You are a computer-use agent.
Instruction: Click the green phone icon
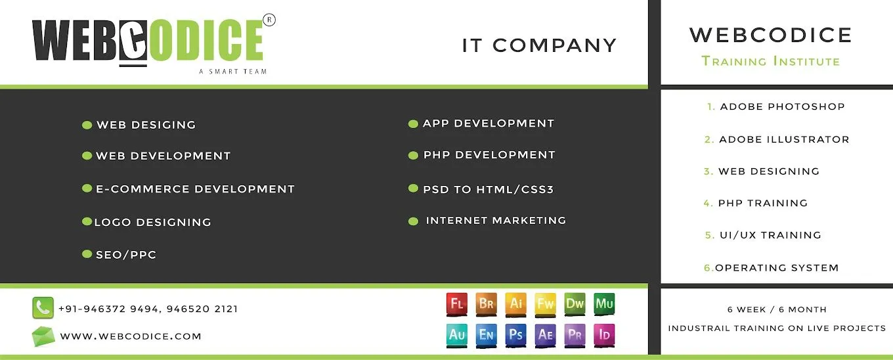pos(43,308)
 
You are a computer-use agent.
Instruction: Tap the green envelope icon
pos(43,336)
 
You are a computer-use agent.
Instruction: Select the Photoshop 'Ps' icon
pos(516,335)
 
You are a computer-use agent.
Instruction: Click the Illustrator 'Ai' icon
pos(516,304)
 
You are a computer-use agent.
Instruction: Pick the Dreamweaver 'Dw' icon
pos(575,304)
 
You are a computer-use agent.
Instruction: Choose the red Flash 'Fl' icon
pos(457,304)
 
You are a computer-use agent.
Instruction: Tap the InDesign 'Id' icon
pos(605,335)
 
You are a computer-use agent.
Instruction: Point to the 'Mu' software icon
pos(605,304)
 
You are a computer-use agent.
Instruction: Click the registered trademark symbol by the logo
pos(269,20)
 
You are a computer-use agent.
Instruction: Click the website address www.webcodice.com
pos(131,336)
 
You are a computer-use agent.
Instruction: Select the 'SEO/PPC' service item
pos(126,255)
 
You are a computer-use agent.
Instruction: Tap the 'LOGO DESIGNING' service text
pos(152,223)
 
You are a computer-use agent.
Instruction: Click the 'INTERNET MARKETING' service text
pos(496,221)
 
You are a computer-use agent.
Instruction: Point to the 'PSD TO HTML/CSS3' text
pos(489,189)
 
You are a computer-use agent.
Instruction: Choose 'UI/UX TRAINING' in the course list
pos(770,235)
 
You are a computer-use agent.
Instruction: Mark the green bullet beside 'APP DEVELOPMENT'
pos(413,124)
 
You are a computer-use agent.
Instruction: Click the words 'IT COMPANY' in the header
pos(539,45)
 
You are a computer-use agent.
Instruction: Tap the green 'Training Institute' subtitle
pos(771,62)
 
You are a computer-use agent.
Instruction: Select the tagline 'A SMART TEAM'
pos(233,71)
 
